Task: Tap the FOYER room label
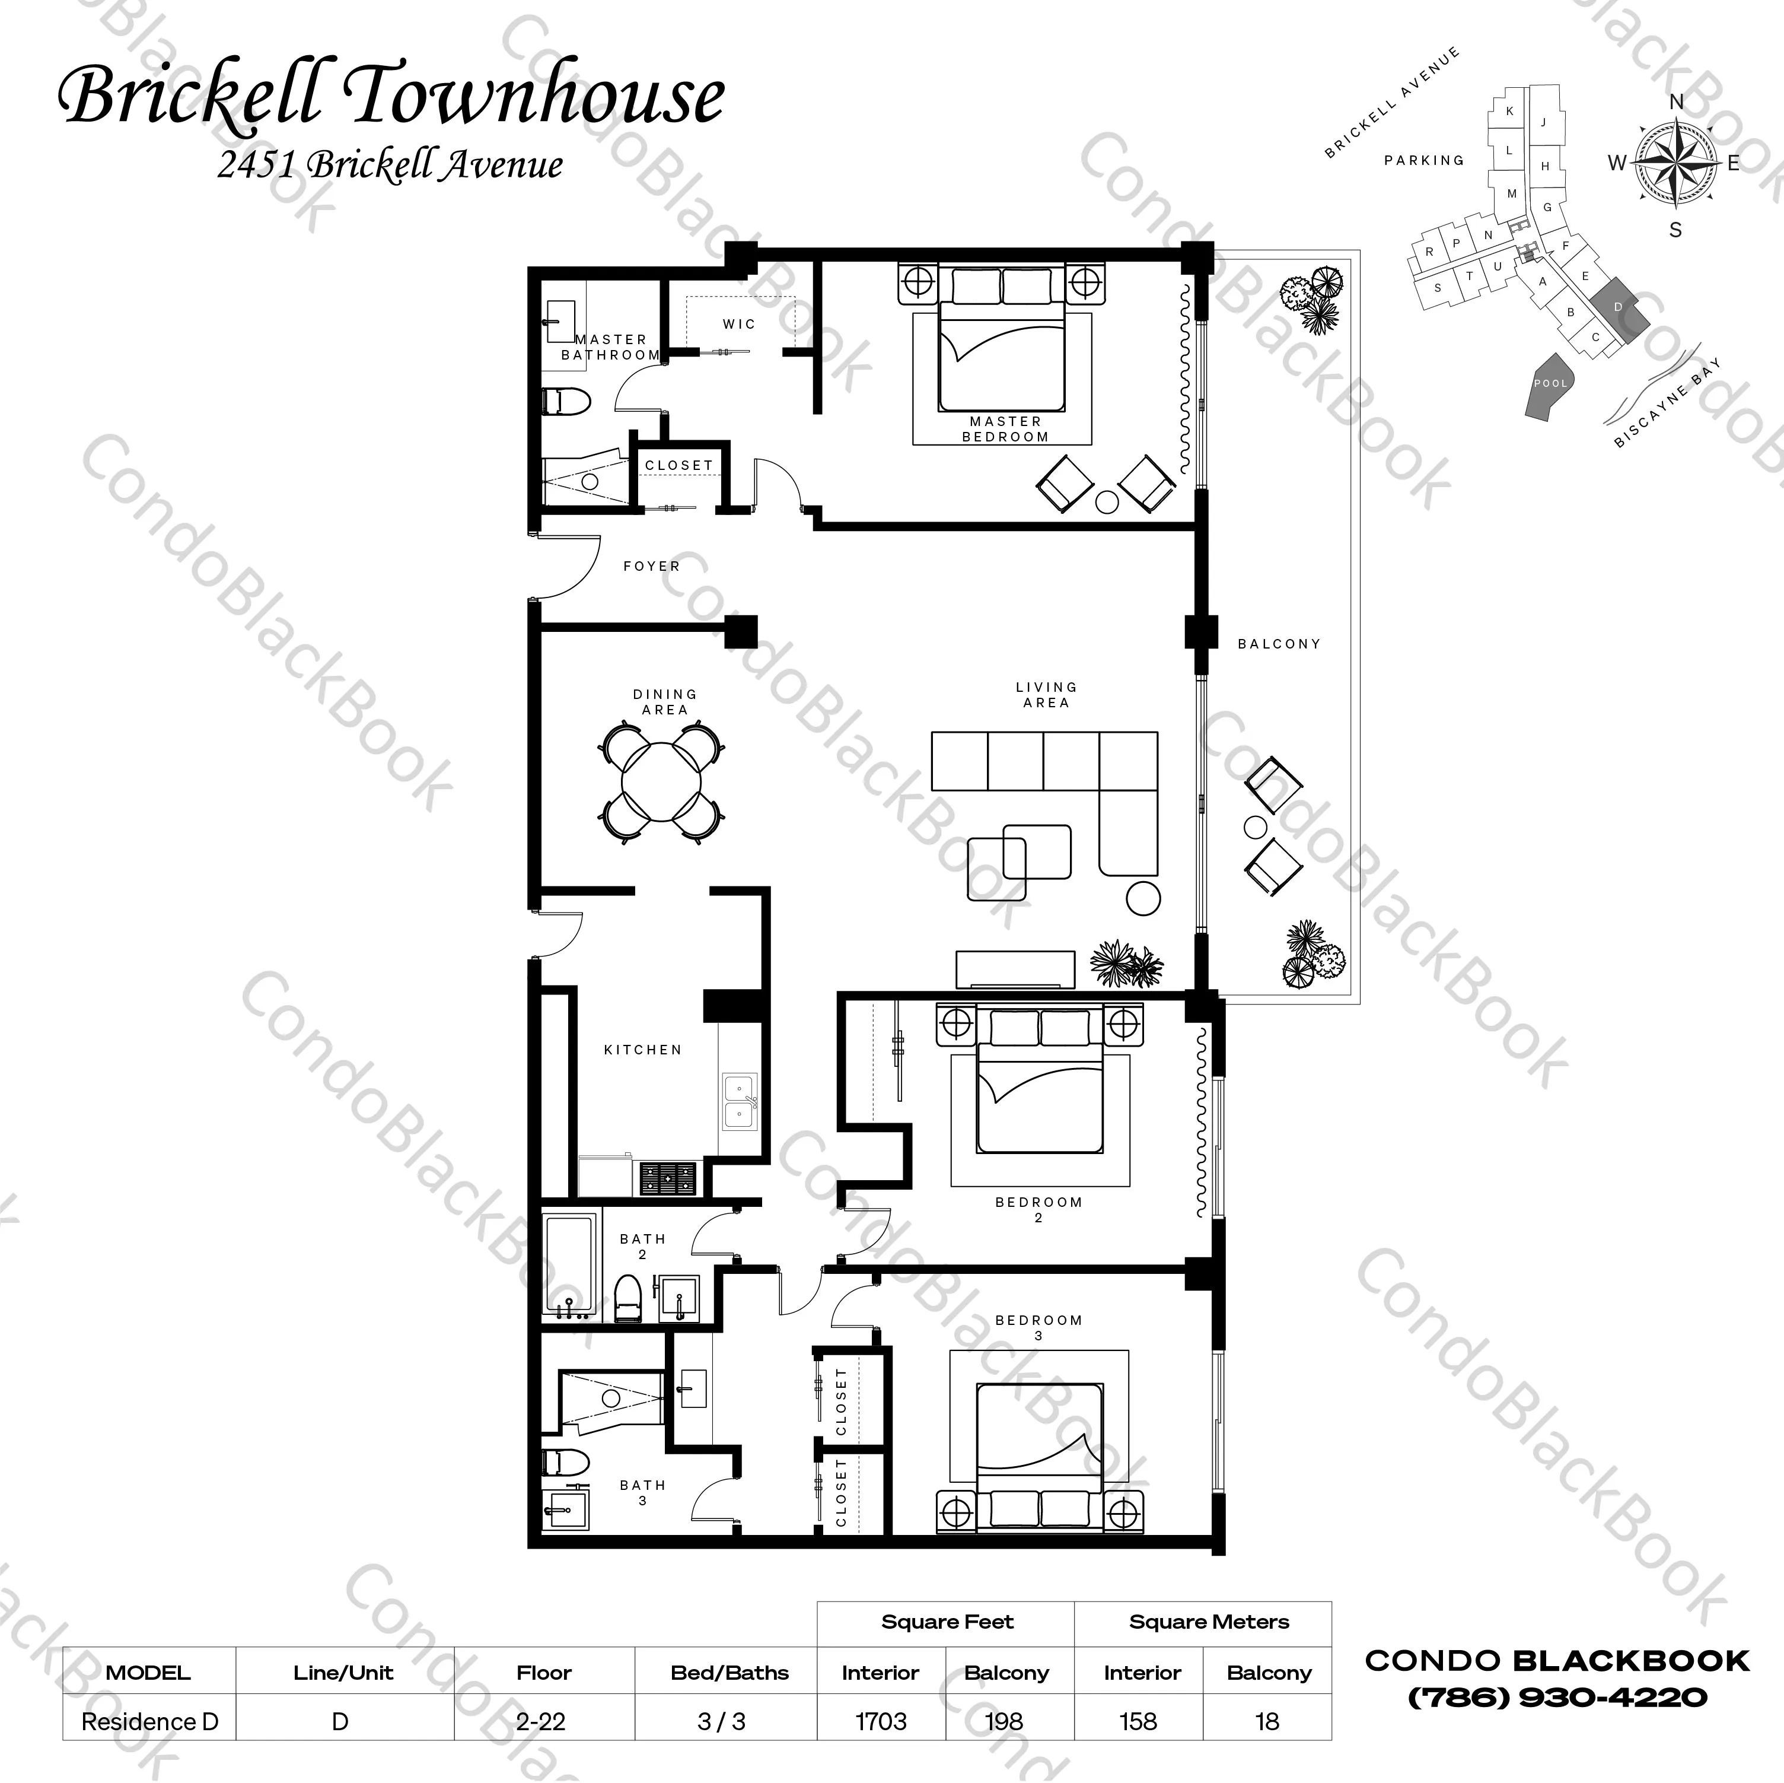651,566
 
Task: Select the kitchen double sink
739,1101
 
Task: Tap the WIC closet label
739,325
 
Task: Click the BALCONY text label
1278,644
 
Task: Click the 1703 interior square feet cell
881,1721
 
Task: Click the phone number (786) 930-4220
1557,1697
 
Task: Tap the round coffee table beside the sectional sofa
1143,898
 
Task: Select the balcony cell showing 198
1003,1721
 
